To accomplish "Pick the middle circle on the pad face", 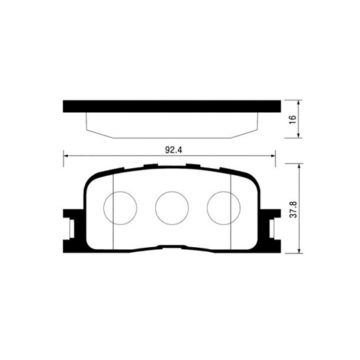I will click(172, 207).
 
